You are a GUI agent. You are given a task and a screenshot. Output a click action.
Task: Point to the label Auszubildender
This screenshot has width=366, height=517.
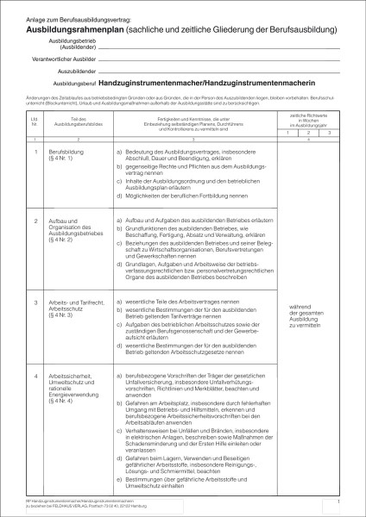tap(75, 72)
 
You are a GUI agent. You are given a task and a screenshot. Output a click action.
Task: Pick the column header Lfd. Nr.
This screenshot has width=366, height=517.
tap(34, 120)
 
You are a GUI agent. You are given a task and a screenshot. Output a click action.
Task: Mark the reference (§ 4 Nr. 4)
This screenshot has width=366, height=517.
tap(61, 402)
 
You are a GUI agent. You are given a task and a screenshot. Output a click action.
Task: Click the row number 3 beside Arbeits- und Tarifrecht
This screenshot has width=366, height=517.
tap(34, 303)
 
